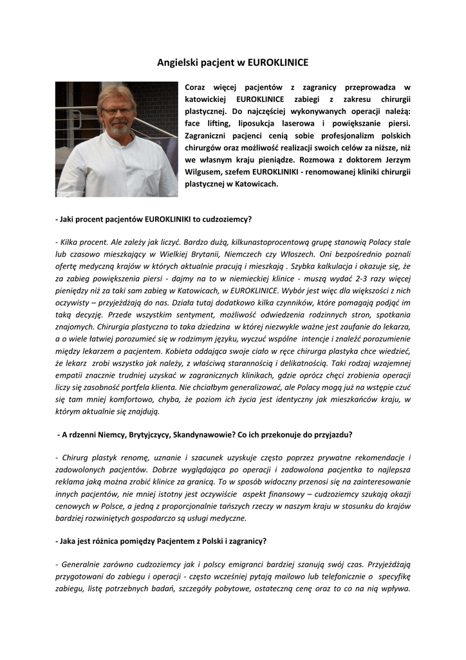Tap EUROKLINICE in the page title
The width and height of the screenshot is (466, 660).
click(x=278, y=63)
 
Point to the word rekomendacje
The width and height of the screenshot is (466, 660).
click(x=375, y=458)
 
